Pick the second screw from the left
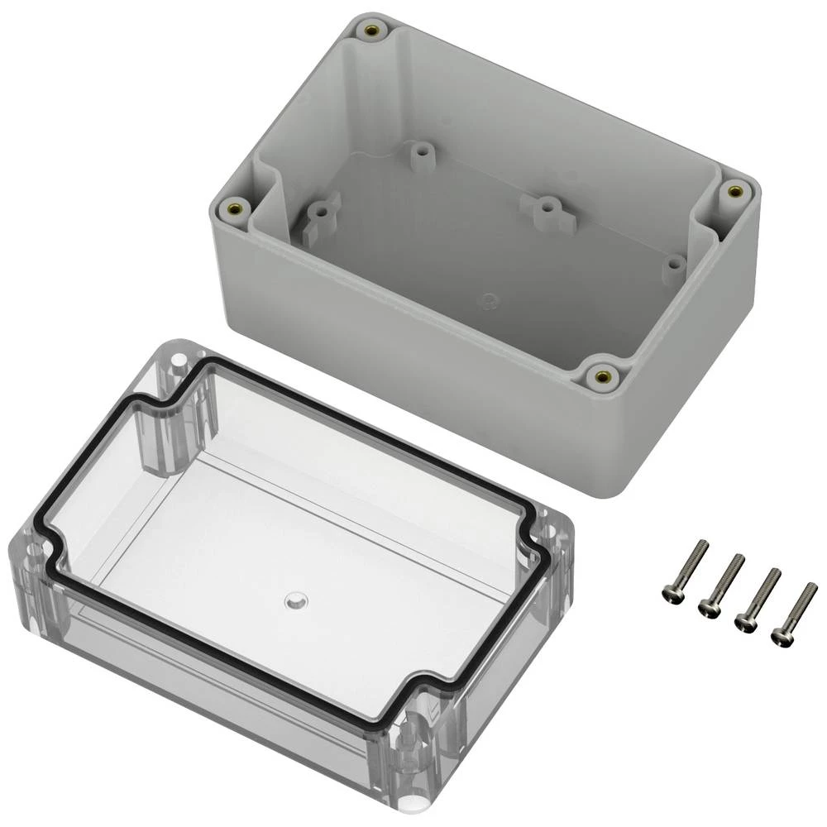(720, 584)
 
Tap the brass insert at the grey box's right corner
(734, 192)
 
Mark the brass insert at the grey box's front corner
(602, 377)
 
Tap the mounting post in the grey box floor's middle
(546, 207)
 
